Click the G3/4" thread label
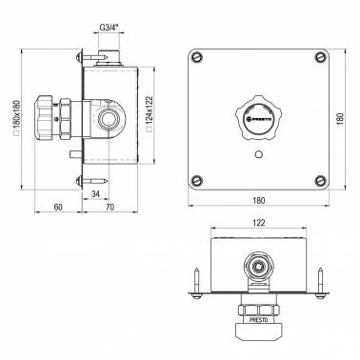click(x=109, y=28)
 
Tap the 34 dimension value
click(x=95, y=193)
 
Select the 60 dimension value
click(x=58, y=207)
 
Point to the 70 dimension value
click(x=110, y=207)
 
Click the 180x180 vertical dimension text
click(x=16, y=118)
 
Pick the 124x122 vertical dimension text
click(x=150, y=114)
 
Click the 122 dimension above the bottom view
click(x=259, y=223)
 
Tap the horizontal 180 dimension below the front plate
click(x=259, y=201)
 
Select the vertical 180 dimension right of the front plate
click(x=340, y=119)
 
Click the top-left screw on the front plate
click(x=197, y=58)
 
